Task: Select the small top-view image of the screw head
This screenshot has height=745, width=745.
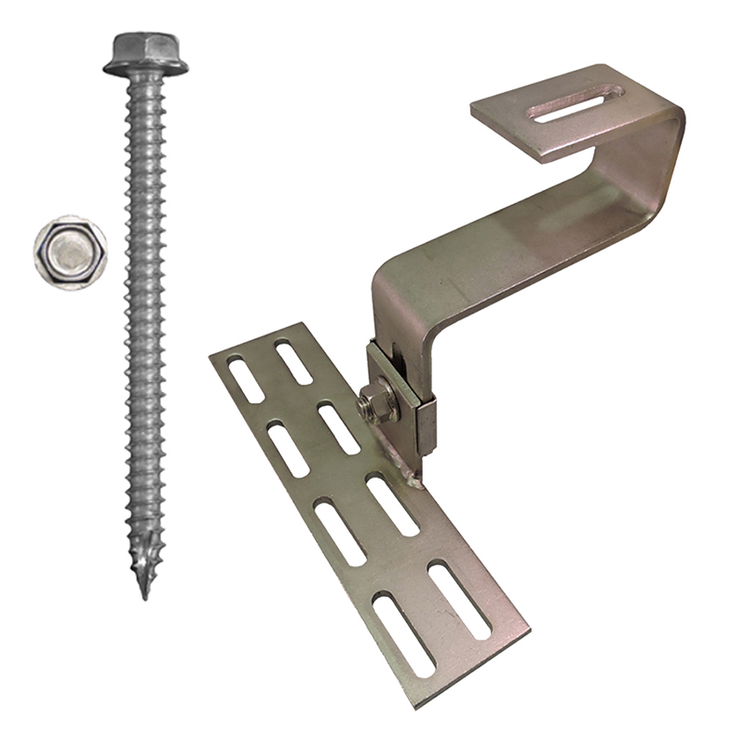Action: tap(70, 249)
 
